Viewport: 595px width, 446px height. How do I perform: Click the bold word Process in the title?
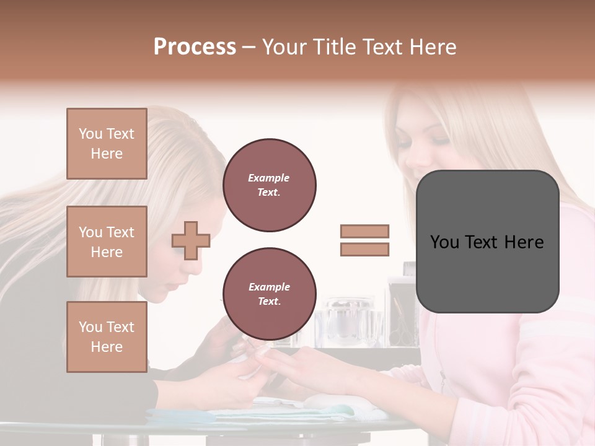pos(195,47)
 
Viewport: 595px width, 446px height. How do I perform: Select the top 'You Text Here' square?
pos(107,144)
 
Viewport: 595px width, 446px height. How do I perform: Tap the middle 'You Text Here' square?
pos(107,242)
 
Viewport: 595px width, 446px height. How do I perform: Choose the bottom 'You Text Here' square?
pos(107,337)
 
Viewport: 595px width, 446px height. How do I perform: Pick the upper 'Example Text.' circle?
pos(270,185)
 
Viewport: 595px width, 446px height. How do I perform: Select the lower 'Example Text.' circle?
pos(270,294)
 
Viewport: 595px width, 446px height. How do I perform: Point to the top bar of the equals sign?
pos(365,231)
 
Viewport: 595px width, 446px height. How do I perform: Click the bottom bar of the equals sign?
pos(365,249)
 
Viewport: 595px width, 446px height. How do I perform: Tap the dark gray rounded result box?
pos(487,242)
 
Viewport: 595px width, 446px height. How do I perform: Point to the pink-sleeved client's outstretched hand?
pos(310,365)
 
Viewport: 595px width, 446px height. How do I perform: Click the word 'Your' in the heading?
pos(284,47)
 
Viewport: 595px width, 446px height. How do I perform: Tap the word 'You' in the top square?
pos(90,134)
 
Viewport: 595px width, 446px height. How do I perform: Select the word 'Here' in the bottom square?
pos(107,347)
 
